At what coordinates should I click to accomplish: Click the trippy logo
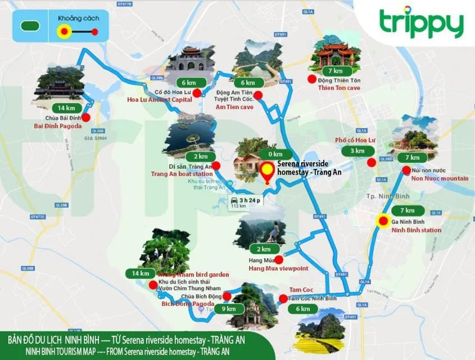[x=421, y=24]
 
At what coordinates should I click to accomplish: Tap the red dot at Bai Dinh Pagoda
[x=85, y=118]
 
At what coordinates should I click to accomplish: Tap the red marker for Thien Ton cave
[x=311, y=79]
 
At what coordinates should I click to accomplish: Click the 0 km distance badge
[x=275, y=154]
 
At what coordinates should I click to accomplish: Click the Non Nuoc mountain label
[x=440, y=178]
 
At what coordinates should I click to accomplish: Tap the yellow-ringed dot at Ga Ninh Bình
[x=384, y=221]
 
